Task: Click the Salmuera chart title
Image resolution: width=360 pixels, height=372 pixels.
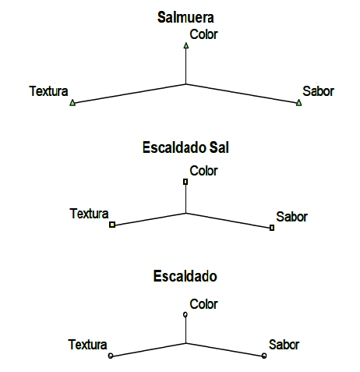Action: [185, 17]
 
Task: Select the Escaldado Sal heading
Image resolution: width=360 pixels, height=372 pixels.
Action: [185, 147]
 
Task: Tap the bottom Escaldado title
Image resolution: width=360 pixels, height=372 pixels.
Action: [185, 276]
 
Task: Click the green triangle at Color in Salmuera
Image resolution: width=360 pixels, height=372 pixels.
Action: [186, 45]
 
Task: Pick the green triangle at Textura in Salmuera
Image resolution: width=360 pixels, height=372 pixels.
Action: [72, 103]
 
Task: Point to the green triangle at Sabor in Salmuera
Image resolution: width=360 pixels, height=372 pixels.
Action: [299, 103]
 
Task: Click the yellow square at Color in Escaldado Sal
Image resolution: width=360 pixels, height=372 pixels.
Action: [185, 182]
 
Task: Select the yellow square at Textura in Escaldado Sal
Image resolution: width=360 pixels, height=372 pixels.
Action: [112, 225]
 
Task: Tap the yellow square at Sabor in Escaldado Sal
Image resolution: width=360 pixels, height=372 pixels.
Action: [272, 228]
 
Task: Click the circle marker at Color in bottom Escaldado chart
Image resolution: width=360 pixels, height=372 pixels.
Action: [185, 314]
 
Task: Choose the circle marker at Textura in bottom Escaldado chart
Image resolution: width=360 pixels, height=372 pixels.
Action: [111, 356]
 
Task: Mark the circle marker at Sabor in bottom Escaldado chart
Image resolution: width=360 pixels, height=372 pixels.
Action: [264, 356]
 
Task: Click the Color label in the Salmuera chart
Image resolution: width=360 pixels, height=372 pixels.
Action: [203, 34]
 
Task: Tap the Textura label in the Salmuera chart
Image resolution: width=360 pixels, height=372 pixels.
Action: [48, 91]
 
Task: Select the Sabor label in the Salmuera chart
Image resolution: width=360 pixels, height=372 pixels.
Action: [318, 91]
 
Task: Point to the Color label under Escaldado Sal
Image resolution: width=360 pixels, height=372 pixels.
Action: [203, 171]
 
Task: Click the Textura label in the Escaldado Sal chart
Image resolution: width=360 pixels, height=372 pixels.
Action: [89, 214]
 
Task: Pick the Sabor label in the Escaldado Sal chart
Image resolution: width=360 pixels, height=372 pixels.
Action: [291, 217]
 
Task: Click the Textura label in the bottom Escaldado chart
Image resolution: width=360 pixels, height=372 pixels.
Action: [87, 345]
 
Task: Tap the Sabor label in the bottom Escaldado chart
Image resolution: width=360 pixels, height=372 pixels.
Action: [284, 345]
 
